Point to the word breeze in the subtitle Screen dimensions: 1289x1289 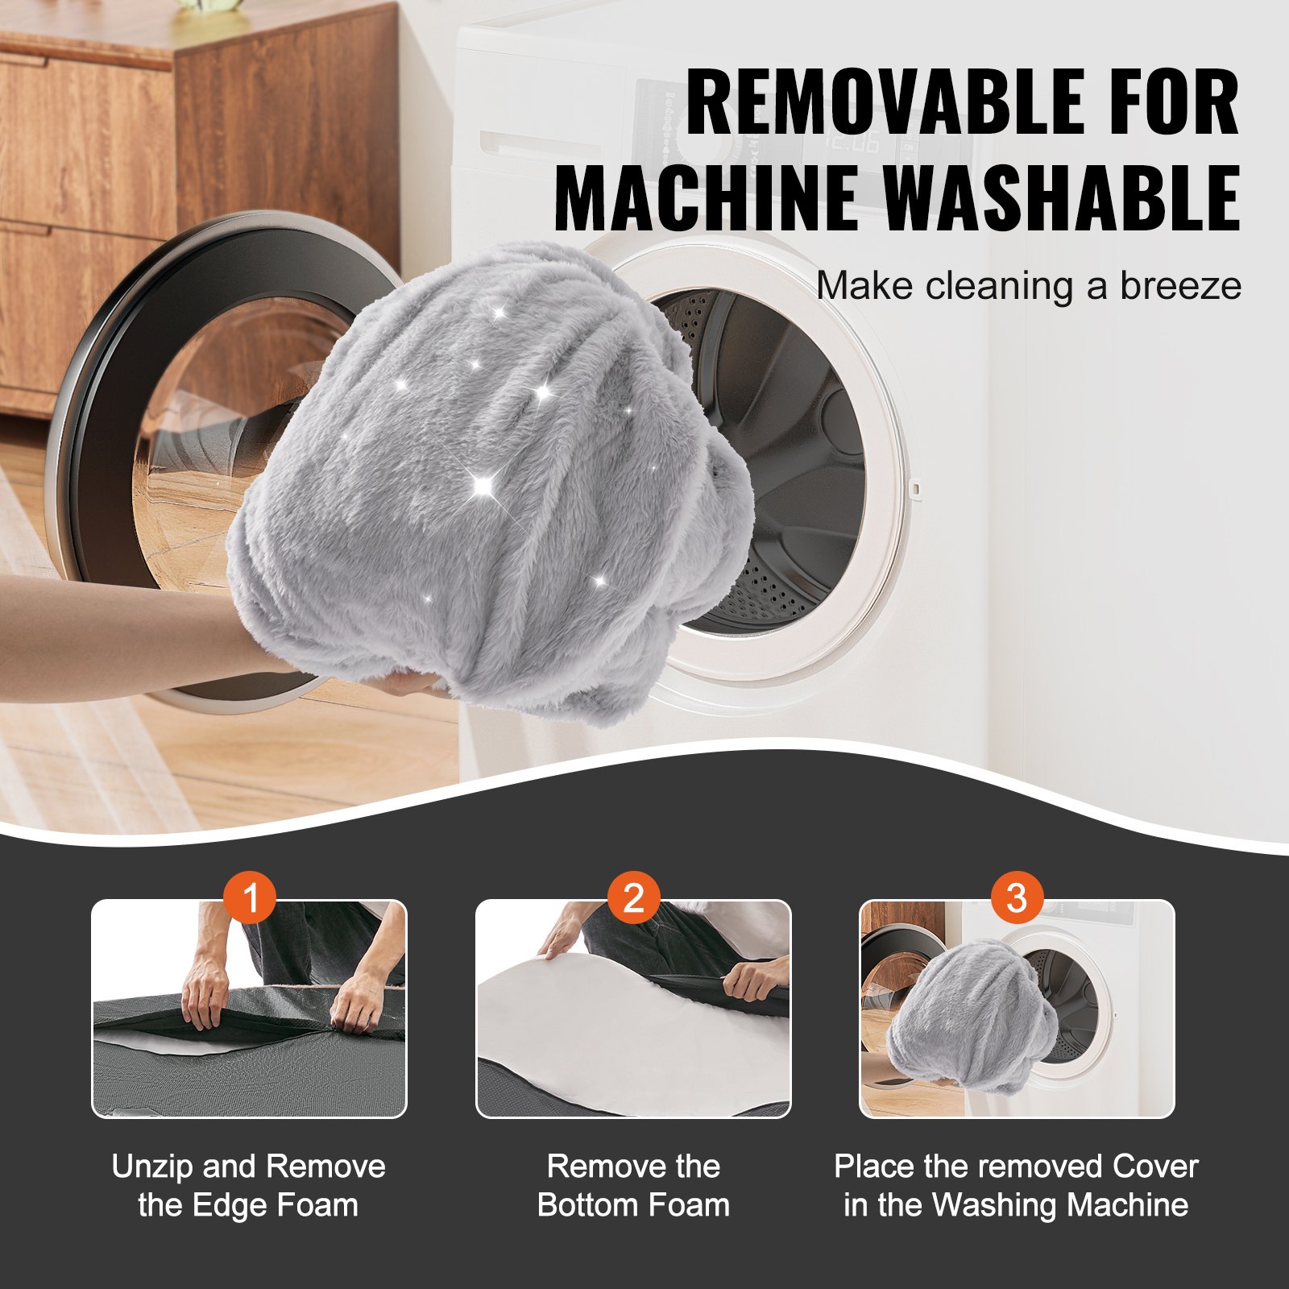[x=1180, y=286]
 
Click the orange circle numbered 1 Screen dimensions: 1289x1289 [x=250, y=897]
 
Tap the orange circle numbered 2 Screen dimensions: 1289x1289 [x=633, y=897]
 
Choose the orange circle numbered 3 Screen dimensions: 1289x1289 [x=1017, y=897]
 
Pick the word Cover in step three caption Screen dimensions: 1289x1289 [x=1155, y=1167]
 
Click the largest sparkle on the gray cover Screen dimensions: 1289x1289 [x=483, y=484]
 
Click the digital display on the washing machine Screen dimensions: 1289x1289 [x=852, y=143]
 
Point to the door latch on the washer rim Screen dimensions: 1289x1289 [x=914, y=487]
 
